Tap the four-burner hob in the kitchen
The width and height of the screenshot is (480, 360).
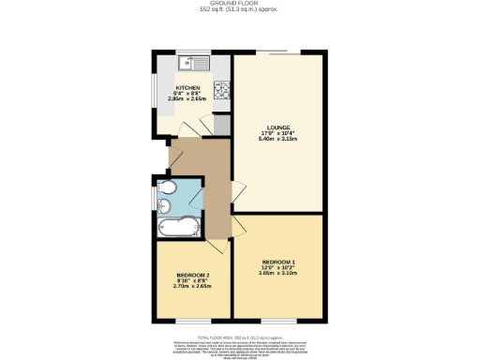[224, 91]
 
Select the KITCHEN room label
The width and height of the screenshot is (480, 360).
[187, 87]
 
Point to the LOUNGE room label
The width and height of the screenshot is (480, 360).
[277, 127]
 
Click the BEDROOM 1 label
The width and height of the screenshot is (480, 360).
[278, 261]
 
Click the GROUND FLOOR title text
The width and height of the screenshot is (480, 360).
[240, 5]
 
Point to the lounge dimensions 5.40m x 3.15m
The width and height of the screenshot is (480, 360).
[277, 141]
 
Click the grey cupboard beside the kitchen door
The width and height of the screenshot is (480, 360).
[222, 124]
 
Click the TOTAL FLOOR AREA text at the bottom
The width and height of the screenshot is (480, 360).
[240, 335]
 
